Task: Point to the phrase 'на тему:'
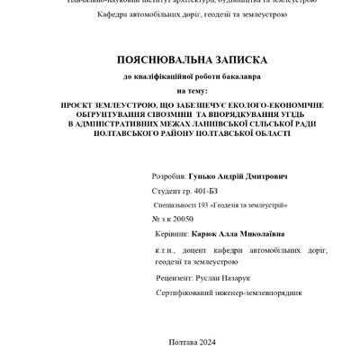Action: (x=191, y=91)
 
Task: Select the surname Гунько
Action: (x=202, y=178)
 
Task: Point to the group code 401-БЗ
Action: (x=205, y=192)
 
